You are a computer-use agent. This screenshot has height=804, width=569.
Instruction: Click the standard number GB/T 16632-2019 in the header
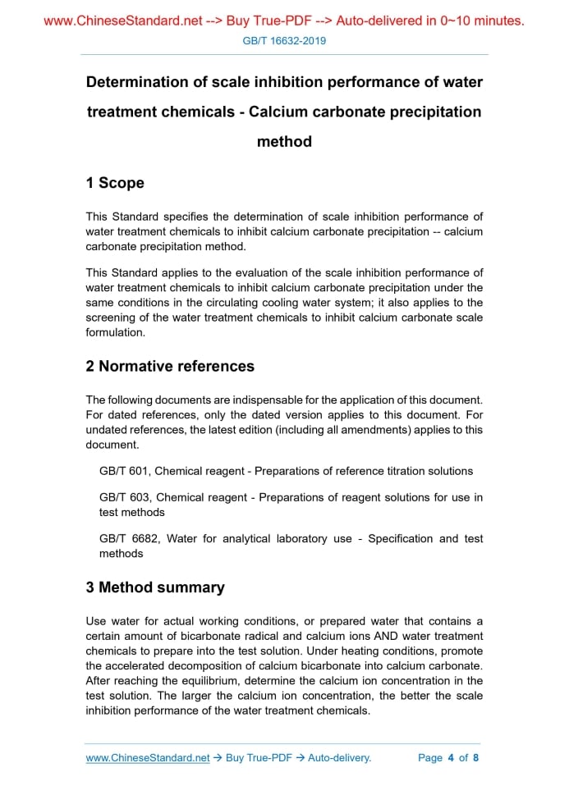[285, 40]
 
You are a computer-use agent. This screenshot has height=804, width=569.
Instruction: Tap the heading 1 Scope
[115, 183]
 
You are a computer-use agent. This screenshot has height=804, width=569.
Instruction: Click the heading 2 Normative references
[170, 366]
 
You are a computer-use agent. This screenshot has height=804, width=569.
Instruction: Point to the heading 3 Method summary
[155, 587]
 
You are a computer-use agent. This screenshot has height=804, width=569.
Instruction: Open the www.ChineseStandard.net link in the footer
[148, 758]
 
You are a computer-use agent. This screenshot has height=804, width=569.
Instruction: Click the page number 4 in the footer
[451, 758]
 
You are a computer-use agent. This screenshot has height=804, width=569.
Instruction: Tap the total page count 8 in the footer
[475, 758]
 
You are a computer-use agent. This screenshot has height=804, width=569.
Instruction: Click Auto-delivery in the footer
[339, 758]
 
